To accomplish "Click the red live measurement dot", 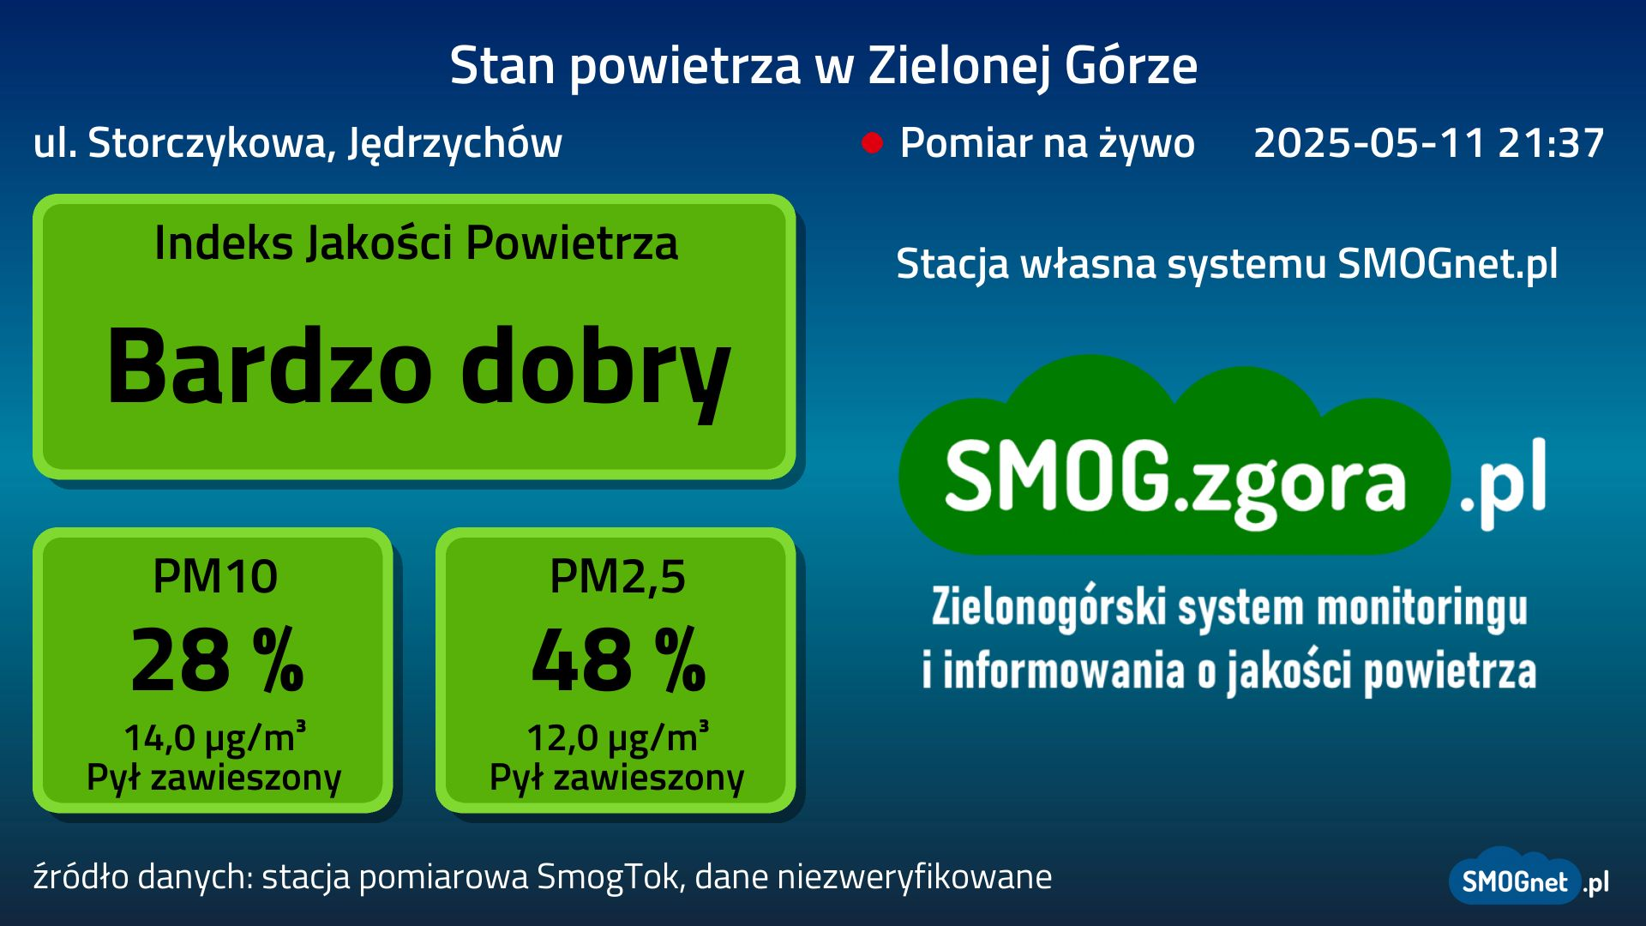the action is [x=872, y=143].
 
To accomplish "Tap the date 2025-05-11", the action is [x=1369, y=142].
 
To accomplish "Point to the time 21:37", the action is [x=1551, y=142].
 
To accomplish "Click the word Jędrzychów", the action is [x=455, y=144].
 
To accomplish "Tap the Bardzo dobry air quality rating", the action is [x=418, y=368].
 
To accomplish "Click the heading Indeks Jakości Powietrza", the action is [x=416, y=243].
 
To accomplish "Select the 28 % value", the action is [x=217, y=659].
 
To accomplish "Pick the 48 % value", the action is [x=619, y=659].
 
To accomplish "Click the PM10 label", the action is [x=215, y=576].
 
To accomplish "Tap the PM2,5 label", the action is [x=617, y=577].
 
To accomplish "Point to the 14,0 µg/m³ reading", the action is [x=215, y=737].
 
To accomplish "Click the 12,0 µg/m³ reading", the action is [x=617, y=737].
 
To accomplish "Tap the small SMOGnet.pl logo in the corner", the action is [x=1529, y=878].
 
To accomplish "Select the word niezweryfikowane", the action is [x=914, y=877].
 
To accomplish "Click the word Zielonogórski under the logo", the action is [x=1049, y=608].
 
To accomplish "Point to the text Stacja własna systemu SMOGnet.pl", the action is [x=1227, y=264].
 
